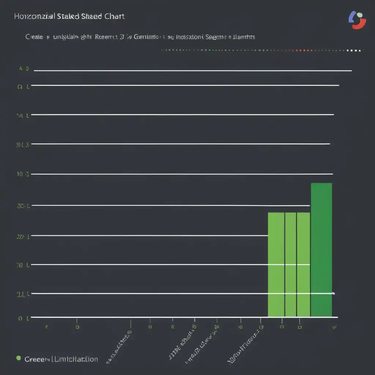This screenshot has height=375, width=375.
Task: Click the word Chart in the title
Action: tap(114, 16)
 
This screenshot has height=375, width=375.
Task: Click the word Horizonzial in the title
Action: tap(35, 16)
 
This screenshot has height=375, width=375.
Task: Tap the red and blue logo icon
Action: tap(357, 20)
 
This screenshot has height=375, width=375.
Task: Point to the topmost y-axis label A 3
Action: tap(24, 68)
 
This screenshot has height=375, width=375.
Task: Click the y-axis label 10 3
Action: tap(22, 174)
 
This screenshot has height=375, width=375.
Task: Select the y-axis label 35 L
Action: tap(23, 206)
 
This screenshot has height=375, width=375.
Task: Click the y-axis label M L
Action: tap(23, 115)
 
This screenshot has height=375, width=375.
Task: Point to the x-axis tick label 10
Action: tap(240, 327)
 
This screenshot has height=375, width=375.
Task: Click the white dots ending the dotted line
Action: tap(355, 51)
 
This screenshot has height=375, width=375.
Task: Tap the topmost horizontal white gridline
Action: tap(192, 70)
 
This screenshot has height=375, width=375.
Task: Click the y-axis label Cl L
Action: tap(23, 87)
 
